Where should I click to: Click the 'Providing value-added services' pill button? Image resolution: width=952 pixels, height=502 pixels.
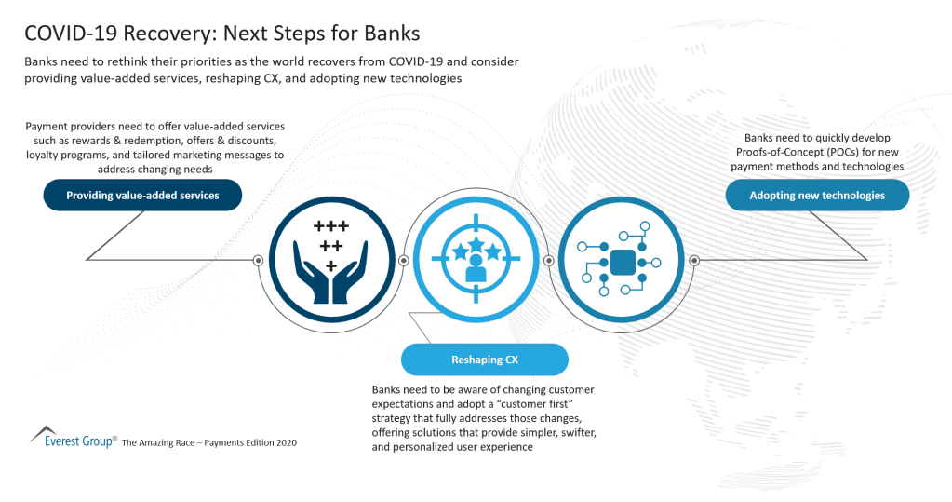coord(142,196)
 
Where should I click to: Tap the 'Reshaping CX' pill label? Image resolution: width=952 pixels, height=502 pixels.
coord(484,360)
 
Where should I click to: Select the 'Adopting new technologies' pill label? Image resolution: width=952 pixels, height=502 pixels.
coord(817,196)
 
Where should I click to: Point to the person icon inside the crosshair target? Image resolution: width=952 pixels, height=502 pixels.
coord(475,269)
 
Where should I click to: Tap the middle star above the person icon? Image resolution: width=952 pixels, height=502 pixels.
coord(475,245)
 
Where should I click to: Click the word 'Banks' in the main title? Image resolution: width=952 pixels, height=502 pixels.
coord(391,34)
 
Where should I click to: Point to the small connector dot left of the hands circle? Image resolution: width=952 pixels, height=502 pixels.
coord(258,260)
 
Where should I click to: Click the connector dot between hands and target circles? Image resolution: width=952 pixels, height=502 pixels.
coord(403,260)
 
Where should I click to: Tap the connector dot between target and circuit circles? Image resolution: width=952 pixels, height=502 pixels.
coord(548,260)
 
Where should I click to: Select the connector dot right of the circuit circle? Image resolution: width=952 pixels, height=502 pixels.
coord(693,260)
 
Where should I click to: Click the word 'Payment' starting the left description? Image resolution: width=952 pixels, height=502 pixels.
coord(47,127)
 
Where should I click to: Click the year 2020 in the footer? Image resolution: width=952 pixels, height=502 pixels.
coord(283,443)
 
